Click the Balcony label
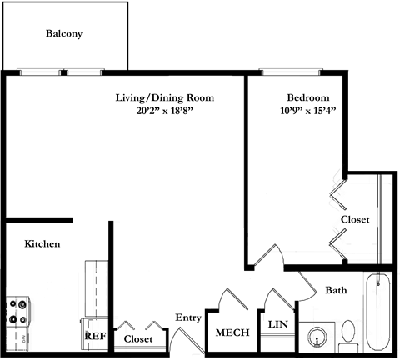[x=64, y=33]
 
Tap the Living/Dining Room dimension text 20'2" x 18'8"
[x=165, y=111]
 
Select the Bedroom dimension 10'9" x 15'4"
[x=308, y=111]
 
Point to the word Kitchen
[x=42, y=243]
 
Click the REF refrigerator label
[x=95, y=336]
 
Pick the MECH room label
[x=232, y=332]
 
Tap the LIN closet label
[x=278, y=324]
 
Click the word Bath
[x=336, y=290]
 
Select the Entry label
[x=188, y=317]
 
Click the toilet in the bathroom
[x=348, y=335]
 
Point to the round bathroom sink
[x=317, y=337]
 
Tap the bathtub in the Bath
[x=377, y=312]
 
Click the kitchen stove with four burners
[x=17, y=311]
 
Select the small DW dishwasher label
[x=23, y=339]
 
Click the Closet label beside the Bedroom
[x=355, y=219]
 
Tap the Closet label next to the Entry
[x=138, y=338]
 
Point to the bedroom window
[x=291, y=72]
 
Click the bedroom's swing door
[x=269, y=256]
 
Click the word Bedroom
[x=308, y=97]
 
